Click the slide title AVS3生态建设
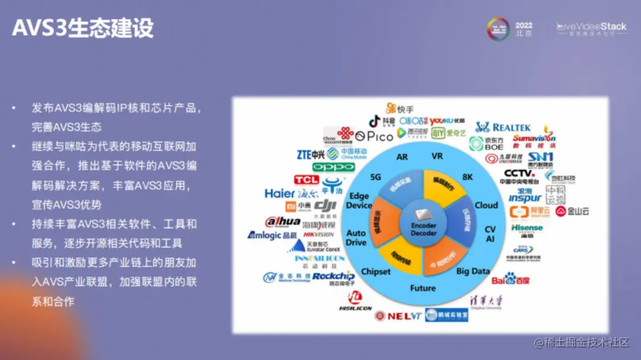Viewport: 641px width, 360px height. pyautogui.click(x=83, y=28)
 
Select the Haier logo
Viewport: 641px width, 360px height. pyautogui.click(x=280, y=193)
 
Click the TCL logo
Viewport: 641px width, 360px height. pyautogui.click(x=306, y=179)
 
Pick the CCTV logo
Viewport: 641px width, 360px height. pyautogui.click(x=519, y=174)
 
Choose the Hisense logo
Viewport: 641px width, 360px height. pyautogui.click(x=527, y=228)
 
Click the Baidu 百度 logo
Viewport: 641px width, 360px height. pyautogui.click(x=510, y=278)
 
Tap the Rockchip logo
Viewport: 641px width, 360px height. pyautogui.click(x=334, y=276)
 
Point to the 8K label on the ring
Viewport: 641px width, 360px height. pyautogui.click(x=468, y=176)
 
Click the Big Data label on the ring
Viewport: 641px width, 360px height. pyautogui.click(x=473, y=271)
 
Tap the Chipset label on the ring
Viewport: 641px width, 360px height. pyautogui.click(x=376, y=271)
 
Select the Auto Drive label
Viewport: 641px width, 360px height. pyautogui.click(x=356, y=238)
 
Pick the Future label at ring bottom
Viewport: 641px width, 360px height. pyautogui.click(x=423, y=288)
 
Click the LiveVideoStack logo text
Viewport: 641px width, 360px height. pyautogui.click(x=591, y=27)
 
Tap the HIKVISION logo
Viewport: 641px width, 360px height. pyautogui.click(x=318, y=234)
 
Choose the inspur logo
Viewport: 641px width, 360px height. pyautogui.click(x=525, y=197)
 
